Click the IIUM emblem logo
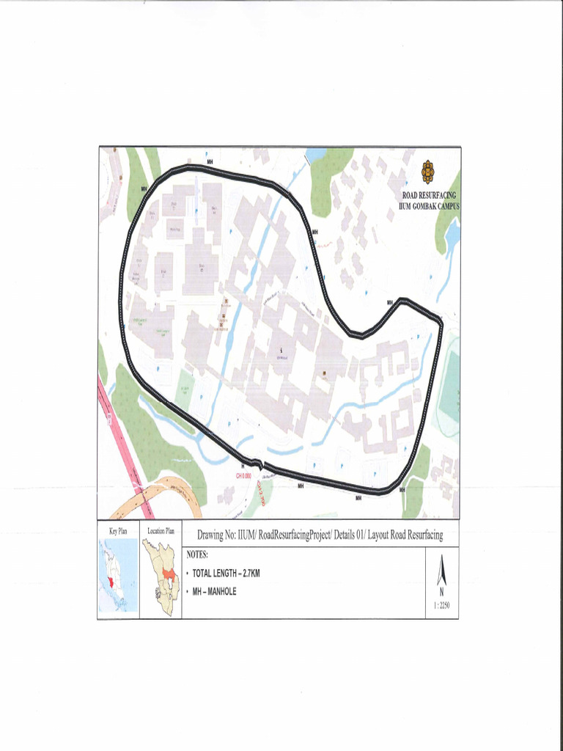[x=428, y=172]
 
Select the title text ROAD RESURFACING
[x=429, y=195]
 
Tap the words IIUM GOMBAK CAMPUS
[x=429, y=206]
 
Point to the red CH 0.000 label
[x=244, y=476]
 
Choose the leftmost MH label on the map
[x=144, y=188]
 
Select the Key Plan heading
[x=119, y=530]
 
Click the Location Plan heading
[x=161, y=530]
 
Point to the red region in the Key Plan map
[x=110, y=582]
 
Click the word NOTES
[x=198, y=554]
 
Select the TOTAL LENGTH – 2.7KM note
[x=226, y=573]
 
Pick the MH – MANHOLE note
[x=214, y=591]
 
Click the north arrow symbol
[x=441, y=572]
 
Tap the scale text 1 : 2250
[x=441, y=606]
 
